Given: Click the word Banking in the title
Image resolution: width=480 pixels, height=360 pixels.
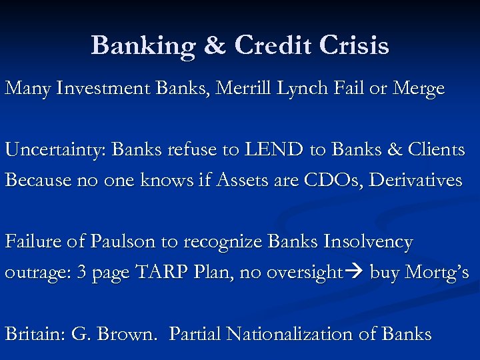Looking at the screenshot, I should (142, 45).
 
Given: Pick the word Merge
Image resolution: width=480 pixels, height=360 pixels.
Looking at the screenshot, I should (418, 89).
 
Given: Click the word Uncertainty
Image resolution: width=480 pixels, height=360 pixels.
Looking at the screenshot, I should (54, 149).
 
